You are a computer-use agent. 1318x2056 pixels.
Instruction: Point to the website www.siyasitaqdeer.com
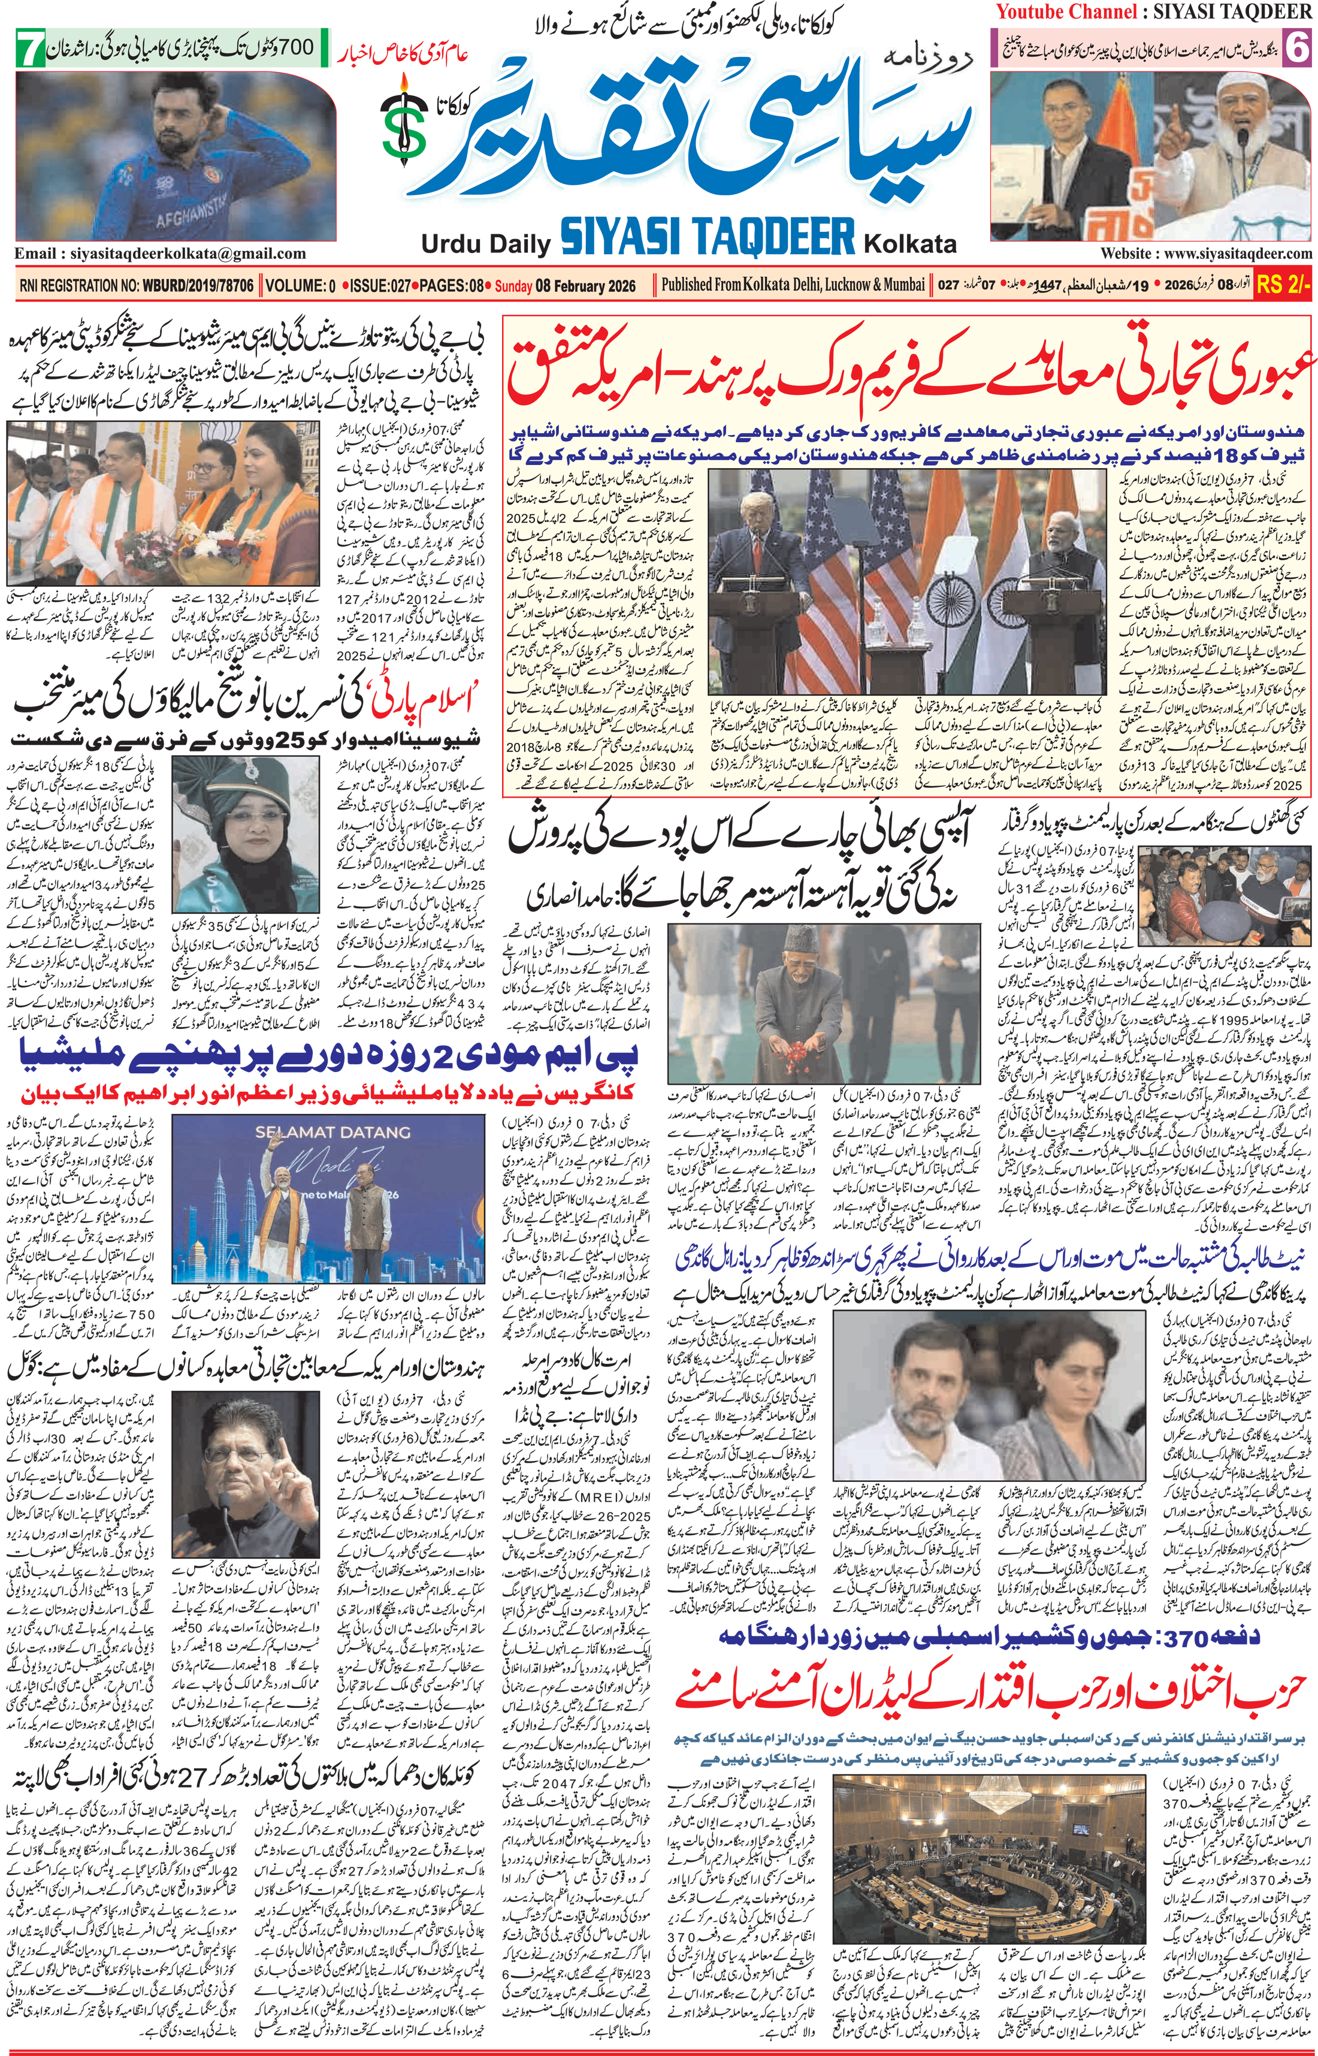tap(1206, 253)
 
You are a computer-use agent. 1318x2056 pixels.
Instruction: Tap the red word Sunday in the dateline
tap(513, 286)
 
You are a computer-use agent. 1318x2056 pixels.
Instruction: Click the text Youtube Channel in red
tap(1064, 12)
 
